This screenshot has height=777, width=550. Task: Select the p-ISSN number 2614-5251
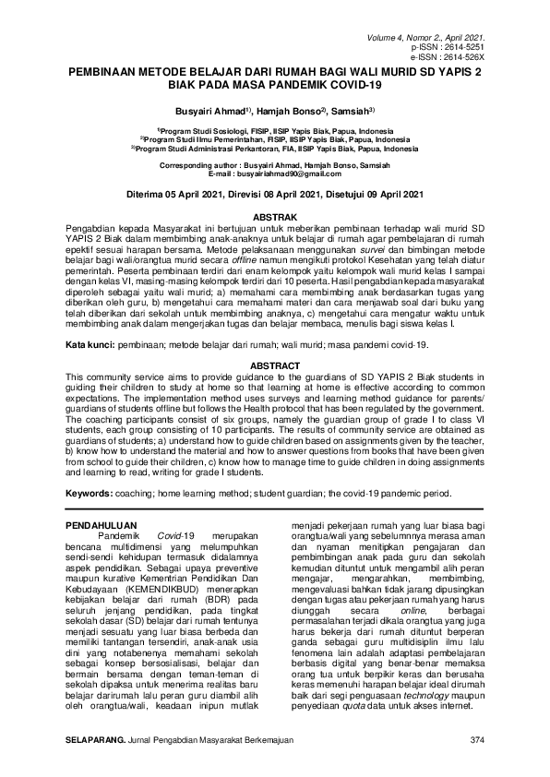coord(466,44)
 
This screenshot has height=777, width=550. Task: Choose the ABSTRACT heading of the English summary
coord(275,365)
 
